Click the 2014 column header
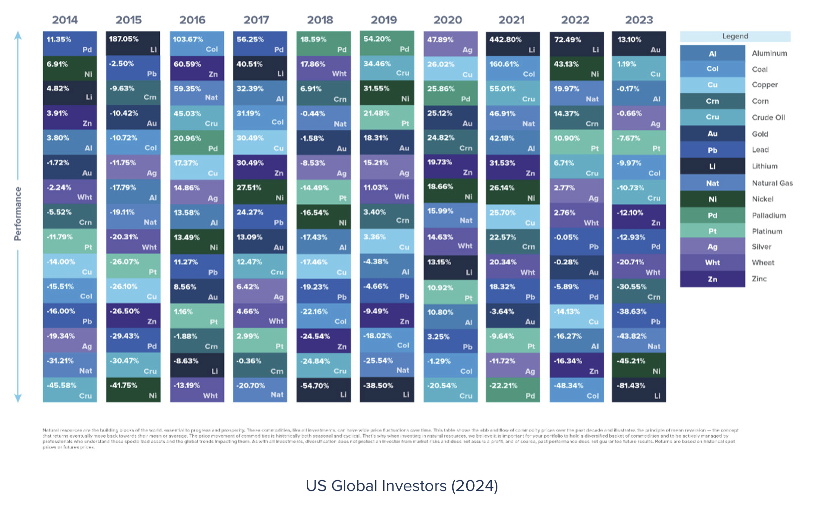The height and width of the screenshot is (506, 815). pos(65,20)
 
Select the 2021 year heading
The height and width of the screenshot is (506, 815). pos(511,20)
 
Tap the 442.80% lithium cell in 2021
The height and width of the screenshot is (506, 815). pos(512,44)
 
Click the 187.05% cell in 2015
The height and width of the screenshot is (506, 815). pos(133,43)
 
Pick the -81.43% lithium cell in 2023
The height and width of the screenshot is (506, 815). pos(638,390)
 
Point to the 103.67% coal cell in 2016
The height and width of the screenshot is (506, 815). pos(197,43)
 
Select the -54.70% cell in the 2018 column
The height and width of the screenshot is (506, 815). pos(323,390)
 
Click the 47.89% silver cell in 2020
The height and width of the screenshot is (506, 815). pos(450,44)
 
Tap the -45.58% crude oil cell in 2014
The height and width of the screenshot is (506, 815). pos(70,390)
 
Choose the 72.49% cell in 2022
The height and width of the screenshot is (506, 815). pos(576,44)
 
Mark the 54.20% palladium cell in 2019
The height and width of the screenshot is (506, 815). pos(386,43)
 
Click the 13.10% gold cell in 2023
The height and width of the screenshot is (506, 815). pos(638,44)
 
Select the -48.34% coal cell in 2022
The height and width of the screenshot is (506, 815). pos(576,390)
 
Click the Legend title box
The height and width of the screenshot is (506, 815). pos(735,36)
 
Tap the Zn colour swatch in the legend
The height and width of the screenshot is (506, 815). pos(712,279)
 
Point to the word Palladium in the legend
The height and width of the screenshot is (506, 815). pos(769,215)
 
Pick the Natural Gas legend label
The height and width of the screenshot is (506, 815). pos(772,183)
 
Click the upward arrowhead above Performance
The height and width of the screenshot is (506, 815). pos(18,35)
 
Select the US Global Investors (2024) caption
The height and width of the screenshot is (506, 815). pos(402,485)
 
